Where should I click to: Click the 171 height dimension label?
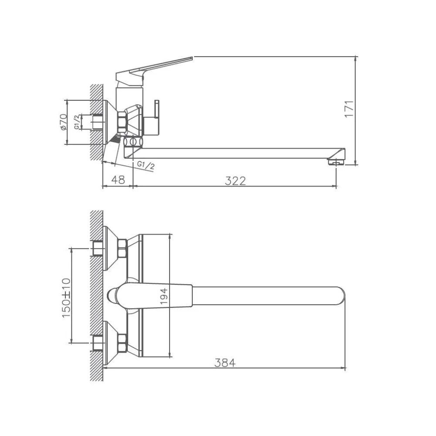click(x=349, y=109)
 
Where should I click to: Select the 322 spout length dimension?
click(x=235, y=181)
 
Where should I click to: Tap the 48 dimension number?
click(x=118, y=180)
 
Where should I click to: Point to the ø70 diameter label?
click(x=63, y=122)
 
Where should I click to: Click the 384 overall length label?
click(x=225, y=363)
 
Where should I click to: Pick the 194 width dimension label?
click(x=164, y=296)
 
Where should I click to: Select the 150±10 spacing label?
click(x=66, y=298)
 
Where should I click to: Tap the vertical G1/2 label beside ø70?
click(x=77, y=122)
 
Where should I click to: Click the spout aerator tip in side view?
click(x=336, y=162)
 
